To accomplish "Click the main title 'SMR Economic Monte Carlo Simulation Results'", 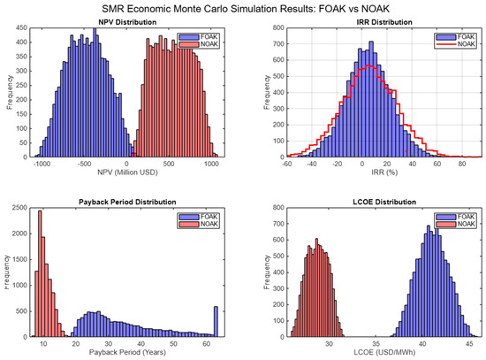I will [243, 7].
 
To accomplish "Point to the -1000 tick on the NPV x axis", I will [39, 165].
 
